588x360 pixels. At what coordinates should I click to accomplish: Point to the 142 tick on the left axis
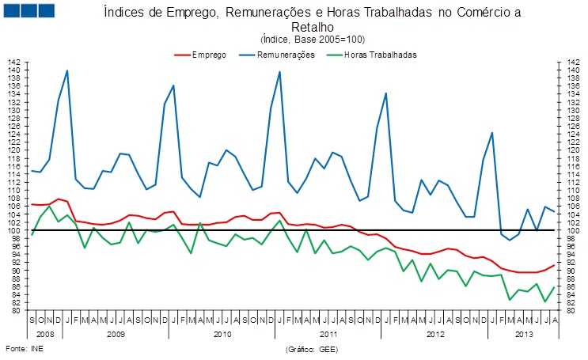pos(13,62)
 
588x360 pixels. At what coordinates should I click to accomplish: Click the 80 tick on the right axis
pos(571,311)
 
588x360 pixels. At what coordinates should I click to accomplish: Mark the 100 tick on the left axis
pos(13,230)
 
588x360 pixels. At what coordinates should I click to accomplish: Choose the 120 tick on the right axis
pos(571,150)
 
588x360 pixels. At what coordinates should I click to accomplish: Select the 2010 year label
pos(222,335)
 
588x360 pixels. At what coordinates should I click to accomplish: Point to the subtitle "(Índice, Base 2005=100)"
pos(312,40)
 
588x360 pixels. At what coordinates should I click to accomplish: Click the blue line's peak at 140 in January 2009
pos(66,70)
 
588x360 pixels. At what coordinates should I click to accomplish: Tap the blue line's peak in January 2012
pos(385,93)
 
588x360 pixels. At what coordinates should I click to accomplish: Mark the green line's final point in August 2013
pos(554,287)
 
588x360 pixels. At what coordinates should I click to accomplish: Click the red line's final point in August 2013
pos(554,265)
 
